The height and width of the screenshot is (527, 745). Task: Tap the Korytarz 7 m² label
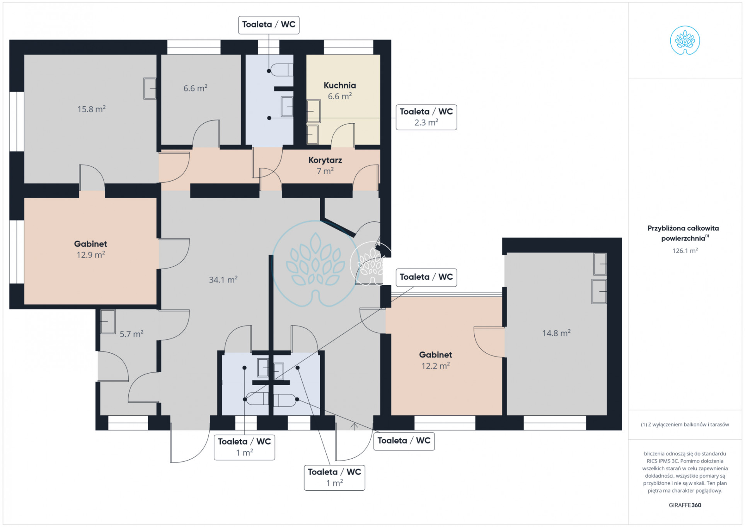(325, 165)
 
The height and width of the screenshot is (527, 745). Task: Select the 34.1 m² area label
(223, 279)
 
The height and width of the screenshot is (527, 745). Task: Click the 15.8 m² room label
(91, 109)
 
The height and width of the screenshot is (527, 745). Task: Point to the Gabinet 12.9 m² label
(90, 249)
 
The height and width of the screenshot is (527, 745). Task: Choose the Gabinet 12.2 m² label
(435, 360)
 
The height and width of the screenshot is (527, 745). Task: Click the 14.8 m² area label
(556, 333)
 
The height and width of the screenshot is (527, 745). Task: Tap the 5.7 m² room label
(131, 334)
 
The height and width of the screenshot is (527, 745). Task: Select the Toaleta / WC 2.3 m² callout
(426, 117)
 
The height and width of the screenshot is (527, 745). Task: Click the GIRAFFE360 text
(685, 505)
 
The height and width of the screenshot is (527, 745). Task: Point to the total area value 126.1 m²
(685, 250)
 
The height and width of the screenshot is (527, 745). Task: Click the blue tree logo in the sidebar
(685, 40)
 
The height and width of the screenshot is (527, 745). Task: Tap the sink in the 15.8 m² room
(150, 88)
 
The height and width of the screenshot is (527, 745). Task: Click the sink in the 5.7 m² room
(108, 321)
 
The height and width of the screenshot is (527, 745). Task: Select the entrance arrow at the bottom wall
(354, 426)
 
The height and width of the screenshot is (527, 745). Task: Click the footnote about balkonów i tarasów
(685, 424)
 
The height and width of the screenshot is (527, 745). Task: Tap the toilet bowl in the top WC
(281, 70)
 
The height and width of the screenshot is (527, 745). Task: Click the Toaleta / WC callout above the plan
(269, 25)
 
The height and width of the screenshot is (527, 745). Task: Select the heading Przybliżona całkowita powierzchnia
(683, 233)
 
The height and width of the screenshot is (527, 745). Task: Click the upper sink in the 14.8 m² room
(600, 264)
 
